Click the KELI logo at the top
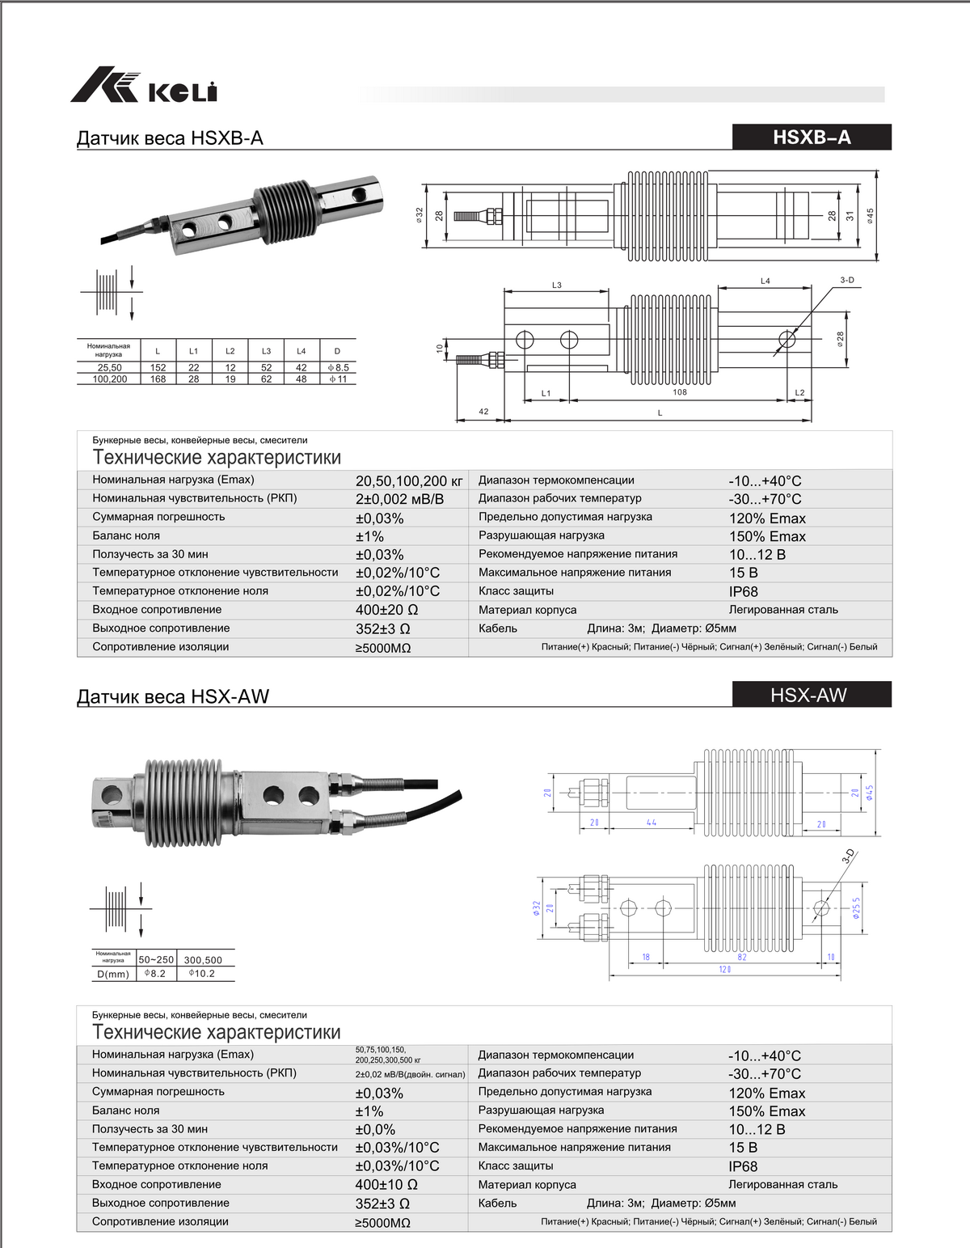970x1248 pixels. [x=144, y=85]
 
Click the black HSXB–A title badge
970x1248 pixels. [x=812, y=137]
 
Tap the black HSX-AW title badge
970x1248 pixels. [x=812, y=695]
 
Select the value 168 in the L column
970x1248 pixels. [x=158, y=379]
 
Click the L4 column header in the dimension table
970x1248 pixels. [x=302, y=351]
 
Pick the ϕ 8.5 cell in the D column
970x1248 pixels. [x=339, y=367]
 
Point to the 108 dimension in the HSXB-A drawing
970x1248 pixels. [x=680, y=392]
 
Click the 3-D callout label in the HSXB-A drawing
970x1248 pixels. [x=846, y=280]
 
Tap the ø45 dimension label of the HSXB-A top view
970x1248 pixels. [x=871, y=216]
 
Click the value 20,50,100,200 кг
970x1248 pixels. [x=409, y=481]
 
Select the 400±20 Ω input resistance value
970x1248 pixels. [x=386, y=610]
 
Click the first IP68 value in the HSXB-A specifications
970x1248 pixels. [x=744, y=591]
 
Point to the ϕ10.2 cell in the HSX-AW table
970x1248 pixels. [x=202, y=974]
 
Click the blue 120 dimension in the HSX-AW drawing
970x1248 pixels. [x=725, y=969]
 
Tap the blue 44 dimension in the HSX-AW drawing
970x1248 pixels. [x=652, y=823]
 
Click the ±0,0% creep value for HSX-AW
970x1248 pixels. [x=376, y=1130]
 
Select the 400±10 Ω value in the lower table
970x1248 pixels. [x=386, y=1185]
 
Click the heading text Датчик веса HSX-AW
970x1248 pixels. [x=173, y=696]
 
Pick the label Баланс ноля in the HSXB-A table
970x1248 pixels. [x=126, y=535]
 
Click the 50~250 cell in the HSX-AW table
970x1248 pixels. [x=156, y=960]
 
